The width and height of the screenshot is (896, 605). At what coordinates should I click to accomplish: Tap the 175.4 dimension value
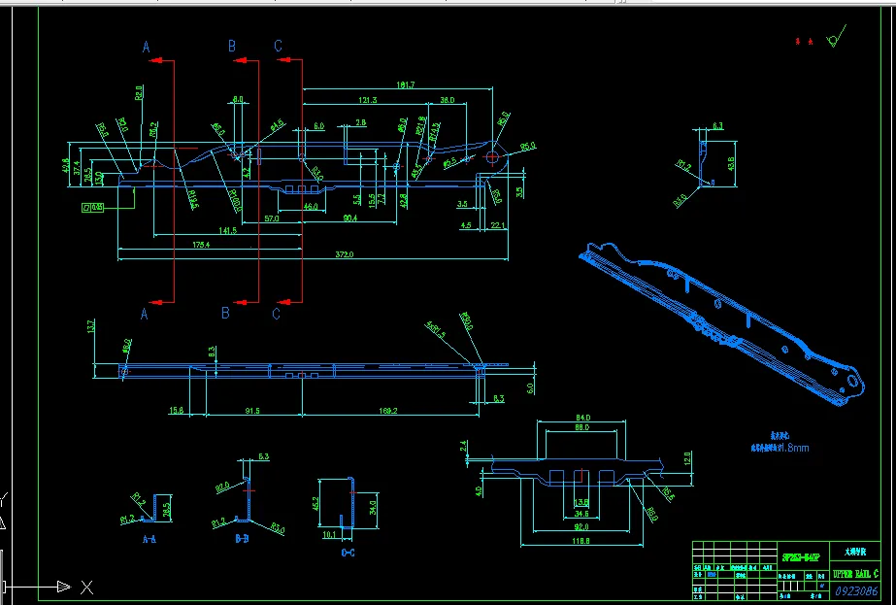(201, 245)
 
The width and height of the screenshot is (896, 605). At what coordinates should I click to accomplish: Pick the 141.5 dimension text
(228, 230)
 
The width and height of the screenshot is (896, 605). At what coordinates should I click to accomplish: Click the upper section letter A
(147, 47)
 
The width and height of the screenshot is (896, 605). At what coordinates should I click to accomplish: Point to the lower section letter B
(225, 313)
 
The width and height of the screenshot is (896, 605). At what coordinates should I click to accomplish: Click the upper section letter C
(278, 47)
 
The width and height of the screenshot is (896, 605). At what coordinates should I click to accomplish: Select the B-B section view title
(242, 537)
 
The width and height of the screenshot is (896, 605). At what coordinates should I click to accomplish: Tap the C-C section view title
(348, 553)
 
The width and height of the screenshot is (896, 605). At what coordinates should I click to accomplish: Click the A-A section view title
(150, 537)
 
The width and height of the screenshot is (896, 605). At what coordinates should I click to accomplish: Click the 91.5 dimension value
(251, 411)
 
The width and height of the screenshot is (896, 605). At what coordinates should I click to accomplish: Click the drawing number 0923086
(856, 590)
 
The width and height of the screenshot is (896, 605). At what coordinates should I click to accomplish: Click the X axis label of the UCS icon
(86, 587)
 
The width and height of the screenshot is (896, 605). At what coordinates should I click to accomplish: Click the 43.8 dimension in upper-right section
(730, 154)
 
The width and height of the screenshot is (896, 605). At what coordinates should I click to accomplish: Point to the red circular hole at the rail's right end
(493, 156)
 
